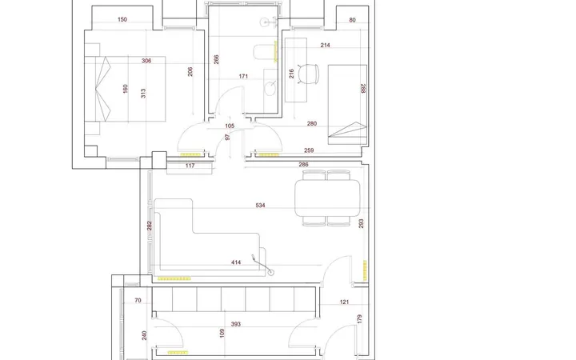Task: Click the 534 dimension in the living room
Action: pyautogui.click(x=260, y=206)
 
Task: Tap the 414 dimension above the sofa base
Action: pyautogui.click(x=236, y=262)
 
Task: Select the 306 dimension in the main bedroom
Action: pyautogui.click(x=146, y=61)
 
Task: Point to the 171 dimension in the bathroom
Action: pyautogui.click(x=243, y=77)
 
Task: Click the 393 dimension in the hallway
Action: pyautogui.click(x=235, y=324)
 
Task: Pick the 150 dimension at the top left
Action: pyautogui.click(x=122, y=19)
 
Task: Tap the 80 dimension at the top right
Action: pyautogui.click(x=352, y=20)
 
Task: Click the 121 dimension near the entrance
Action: pyautogui.click(x=344, y=302)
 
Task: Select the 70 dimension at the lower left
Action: pyautogui.click(x=138, y=300)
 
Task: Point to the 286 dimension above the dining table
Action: pyautogui.click(x=303, y=165)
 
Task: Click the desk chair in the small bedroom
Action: pyautogui.click(x=308, y=74)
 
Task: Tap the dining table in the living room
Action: pyautogui.click(x=327, y=198)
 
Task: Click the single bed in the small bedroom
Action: pyautogui.click(x=347, y=104)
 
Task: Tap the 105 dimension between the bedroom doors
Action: pyautogui.click(x=230, y=126)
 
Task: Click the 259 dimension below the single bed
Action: pyautogui.click(x=309, y=150)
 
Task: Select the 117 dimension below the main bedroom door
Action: pyautogui.click(x=190, y=166)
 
